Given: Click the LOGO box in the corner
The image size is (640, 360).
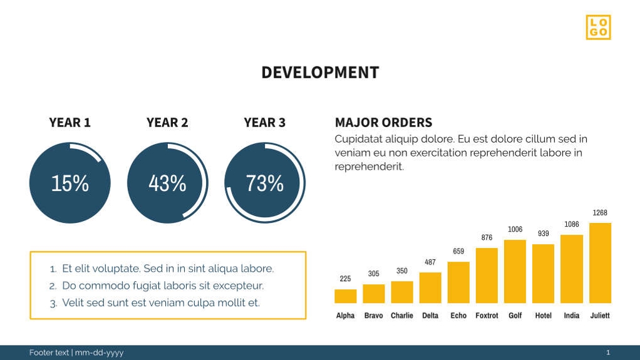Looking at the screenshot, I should pyautogui.click(x=598, y=27).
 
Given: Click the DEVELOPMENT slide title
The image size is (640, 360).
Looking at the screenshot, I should pyautogui.click(x=320, y=73).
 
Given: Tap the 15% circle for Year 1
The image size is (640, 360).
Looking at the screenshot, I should pyautogui.click(x=70, y=183).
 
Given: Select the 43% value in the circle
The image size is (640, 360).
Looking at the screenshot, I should pyautogui.click(x=167, y=183).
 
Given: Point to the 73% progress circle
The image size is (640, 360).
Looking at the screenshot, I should pyautogui.click(x=265, y=183).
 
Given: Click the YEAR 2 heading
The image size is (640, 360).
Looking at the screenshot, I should pyautogui.click(x=167, y=123).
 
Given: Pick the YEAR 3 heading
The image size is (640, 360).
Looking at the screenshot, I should pyautogui.click(x=265, y=123).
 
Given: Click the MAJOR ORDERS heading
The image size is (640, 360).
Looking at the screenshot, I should pyautogui.click(x=383, y=123).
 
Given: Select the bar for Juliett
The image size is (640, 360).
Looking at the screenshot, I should pyautogui.click(x=600, y=263).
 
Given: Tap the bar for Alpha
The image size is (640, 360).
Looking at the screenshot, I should pyautogui.click(x=346, y=296).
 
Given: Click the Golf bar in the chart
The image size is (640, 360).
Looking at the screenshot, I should pyautogui.click(x=515, y=272).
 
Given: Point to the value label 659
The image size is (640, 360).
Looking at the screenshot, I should pyautogui.click(x=458, y=251).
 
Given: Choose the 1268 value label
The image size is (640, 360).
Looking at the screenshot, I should pyautogui.click(x=600, y=213).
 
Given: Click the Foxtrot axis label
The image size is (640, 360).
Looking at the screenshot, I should pyautogui.click(x=487, y=316).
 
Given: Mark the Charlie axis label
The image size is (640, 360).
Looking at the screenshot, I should pyautogui.click(x=402, y=316).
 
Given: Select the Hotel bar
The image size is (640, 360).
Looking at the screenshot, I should pyautogui.click(x=543, y=274).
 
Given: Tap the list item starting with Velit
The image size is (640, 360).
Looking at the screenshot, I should pyautogui.click(x=160, y=303).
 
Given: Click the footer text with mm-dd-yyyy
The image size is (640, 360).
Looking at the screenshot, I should pyautogui.click(x=76, y=352).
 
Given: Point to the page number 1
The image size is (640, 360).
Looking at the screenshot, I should pyautogui.click(x=608, y=352).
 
